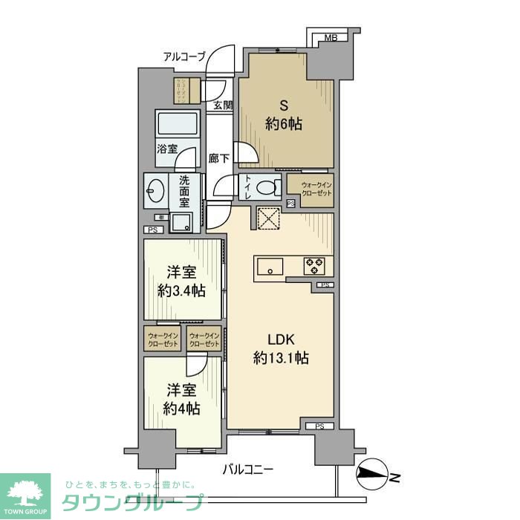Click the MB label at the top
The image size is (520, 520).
331,37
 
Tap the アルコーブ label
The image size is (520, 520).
185,56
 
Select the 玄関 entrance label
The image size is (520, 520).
223,105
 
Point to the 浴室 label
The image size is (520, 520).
166,149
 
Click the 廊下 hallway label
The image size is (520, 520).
219,157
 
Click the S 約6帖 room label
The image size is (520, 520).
284,114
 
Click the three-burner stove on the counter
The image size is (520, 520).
312,264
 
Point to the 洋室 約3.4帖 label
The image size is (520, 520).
182,281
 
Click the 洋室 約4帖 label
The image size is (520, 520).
182,398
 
